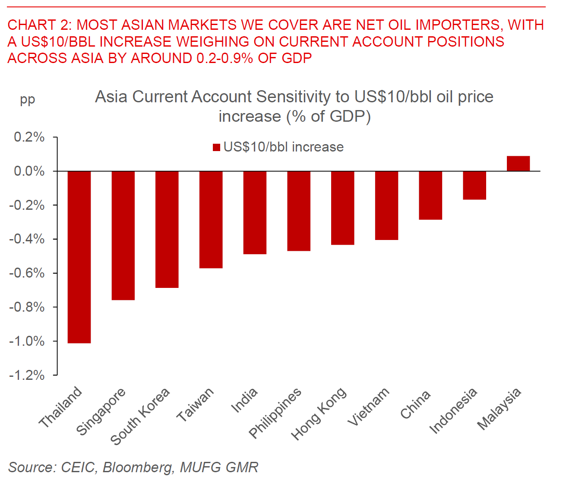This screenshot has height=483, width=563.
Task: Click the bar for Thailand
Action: coord(79,257)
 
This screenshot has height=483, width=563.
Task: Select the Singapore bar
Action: coord(123,235)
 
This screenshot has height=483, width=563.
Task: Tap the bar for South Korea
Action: coord(167,229)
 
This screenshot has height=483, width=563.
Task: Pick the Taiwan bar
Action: coord(211,219)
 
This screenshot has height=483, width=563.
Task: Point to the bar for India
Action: coord(255,212)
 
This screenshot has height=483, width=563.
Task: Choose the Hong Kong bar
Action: coord(343,208)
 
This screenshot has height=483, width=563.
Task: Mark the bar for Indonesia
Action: coord(474,185)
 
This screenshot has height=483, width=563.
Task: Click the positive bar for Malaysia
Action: coord(518,164)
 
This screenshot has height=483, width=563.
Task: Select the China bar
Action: coord(430,195)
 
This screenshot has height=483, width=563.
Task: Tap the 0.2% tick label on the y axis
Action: coord(29,137)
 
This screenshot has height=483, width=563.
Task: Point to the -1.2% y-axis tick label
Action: coord(27,375)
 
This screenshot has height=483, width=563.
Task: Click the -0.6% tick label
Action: coord(27,273)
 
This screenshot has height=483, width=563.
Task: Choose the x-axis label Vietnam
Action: coord(369,407)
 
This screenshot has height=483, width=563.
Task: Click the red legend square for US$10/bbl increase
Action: coord(217,148)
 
